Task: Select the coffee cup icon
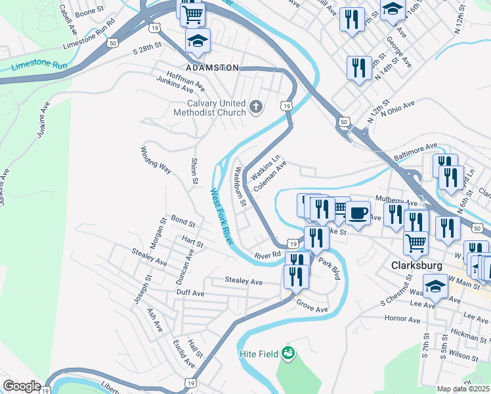point(358,213)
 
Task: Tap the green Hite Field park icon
point(287,353)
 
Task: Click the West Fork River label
point(221,217)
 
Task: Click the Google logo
point(22,386)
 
